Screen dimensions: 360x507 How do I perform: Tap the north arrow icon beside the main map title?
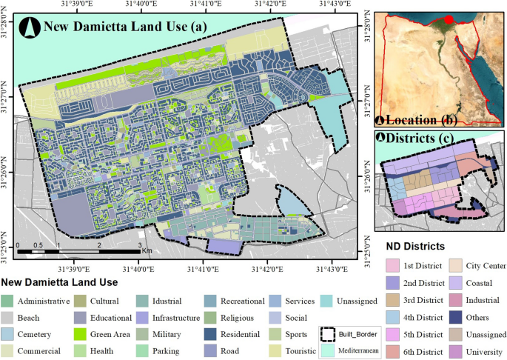tap(31, 28)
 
